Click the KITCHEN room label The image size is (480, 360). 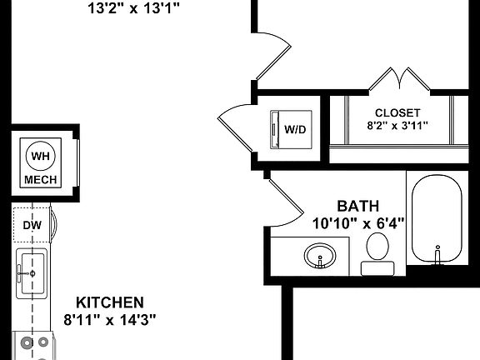coord(110,302)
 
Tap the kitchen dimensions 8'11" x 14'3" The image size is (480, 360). coord(110,318)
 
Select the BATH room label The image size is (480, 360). coord(357,206)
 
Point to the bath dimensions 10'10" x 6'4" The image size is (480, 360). coord(357,222)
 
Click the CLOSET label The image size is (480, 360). coord(397,112)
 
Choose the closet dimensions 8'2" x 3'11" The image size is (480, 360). coord(397,127)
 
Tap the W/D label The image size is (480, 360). coord(295,129)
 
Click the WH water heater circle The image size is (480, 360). coord(39,156)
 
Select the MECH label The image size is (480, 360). coord(39,179)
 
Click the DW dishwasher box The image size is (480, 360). coord(32,224)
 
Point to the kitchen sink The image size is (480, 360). coord(32,272)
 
